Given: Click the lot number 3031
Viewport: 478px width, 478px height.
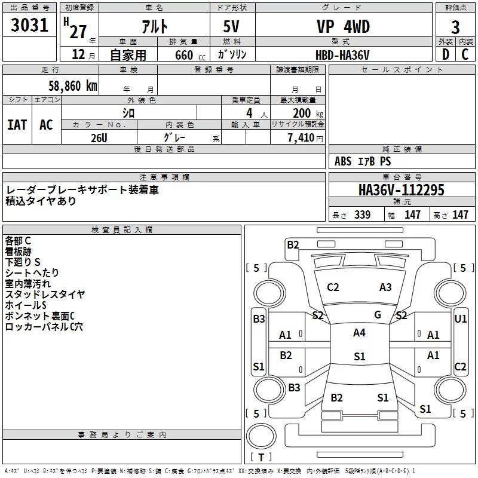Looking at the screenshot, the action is tap(30, 27).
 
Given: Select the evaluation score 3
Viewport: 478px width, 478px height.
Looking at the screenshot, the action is tap(455, 27).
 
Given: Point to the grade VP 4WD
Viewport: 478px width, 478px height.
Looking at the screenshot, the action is tap(342, 27).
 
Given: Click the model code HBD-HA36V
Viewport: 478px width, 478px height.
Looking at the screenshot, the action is tap(342, 55).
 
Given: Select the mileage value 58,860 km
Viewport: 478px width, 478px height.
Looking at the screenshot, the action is tap(66, 85).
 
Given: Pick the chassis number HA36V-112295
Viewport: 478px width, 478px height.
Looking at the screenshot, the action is tap(402, 190).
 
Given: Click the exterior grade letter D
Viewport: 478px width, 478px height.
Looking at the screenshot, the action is tap(445, 55).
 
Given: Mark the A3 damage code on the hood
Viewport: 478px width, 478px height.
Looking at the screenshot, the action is tap(385, 287).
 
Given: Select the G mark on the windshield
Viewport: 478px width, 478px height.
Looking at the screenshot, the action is tap(378, 315).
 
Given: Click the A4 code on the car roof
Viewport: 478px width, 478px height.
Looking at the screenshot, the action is tap(359, 333).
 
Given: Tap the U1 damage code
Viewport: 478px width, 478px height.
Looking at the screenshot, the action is tap(461, 319).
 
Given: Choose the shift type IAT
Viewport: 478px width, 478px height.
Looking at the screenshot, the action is tap(17, 125).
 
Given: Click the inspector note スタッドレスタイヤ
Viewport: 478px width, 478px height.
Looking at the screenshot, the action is tap(45, 294).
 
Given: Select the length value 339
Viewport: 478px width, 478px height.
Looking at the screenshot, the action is tap(362, 215).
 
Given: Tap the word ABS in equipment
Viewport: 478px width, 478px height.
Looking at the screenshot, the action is tap(343, 161).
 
